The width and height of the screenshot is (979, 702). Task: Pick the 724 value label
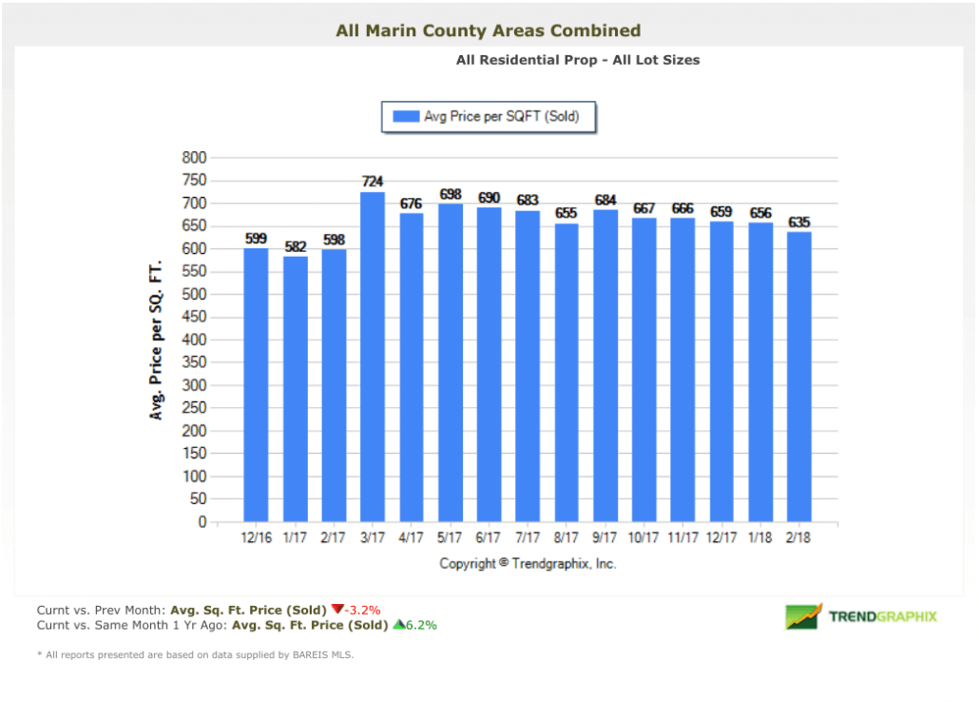pos(373,181)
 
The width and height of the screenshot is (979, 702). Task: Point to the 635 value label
pos(799,222)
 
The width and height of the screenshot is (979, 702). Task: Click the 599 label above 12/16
pos(257,239)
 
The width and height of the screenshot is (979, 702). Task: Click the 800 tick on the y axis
pos(194,158)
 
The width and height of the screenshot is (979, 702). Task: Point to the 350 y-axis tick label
pos(194,362)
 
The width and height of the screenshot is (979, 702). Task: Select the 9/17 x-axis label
pos(605,538)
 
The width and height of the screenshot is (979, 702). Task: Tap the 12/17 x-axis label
pos(722,538)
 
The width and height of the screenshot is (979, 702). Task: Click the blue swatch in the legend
pos(406,117)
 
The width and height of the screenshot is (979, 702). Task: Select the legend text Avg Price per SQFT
pos(501,117)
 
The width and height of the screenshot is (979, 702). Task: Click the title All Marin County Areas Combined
pos(489,31)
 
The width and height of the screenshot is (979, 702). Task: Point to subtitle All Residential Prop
pos(577,60)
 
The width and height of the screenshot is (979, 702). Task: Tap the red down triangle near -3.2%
pos(336,609)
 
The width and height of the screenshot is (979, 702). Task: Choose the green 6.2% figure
pos(422,625)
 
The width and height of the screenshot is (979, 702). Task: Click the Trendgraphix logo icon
pos(803,616)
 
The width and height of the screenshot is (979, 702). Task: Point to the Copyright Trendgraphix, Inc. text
pos(528,563)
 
